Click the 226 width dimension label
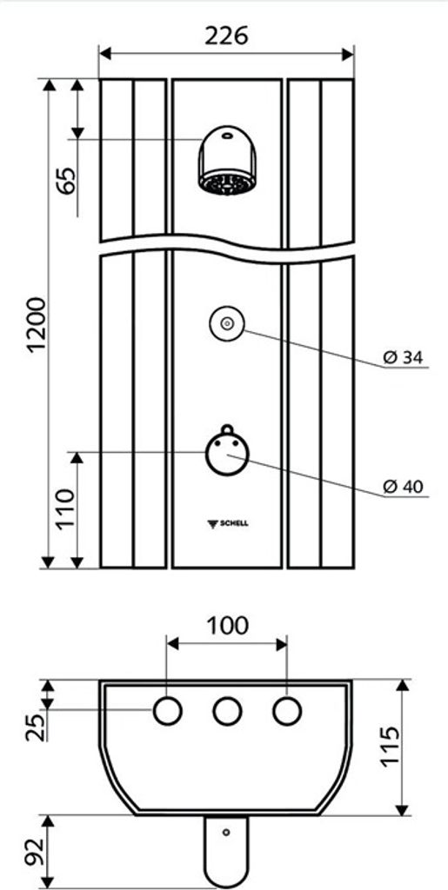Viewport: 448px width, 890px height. pyautogui.click(x=226, y=37)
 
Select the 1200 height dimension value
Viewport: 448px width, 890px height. pyautogui.click(x=37, y=325)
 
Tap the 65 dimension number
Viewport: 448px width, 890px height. pyautogui.click(x=68, y=181)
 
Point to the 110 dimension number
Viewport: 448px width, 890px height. pyautogui.click(x=66, y=508)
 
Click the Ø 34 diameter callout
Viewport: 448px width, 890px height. pyautogui.click(x=403, y=357)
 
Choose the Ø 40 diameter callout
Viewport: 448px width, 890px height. pyautogui.click(x=403, y=487)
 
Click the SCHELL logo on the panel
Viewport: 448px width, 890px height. pyautogui.click(x=228, y=523)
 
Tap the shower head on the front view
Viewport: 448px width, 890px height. pyautogui.click(x=227, y=161)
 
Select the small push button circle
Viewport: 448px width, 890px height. pyautogui.click(x=226, y=324)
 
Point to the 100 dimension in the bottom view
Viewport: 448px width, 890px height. pyautogui.click(x=226, y=626)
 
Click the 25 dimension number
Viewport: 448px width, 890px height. pyautogui.click(x=35, y=727)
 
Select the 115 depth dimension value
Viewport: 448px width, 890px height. pyautogui.click(x=391, y=747)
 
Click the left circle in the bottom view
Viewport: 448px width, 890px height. pyautogui.click(x=168, y=711)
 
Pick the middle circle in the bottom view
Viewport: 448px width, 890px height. pyautogui.click(x=227, y=711)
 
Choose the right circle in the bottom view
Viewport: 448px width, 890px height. pyautogui.click(x=287, y=711)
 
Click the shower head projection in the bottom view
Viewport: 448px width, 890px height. pyautogui.click(x=226, y=850)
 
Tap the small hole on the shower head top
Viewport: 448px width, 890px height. pyautogui.click(x=226, y=136)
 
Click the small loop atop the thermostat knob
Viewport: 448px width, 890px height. pyautogui.click(x=227, y=428)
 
